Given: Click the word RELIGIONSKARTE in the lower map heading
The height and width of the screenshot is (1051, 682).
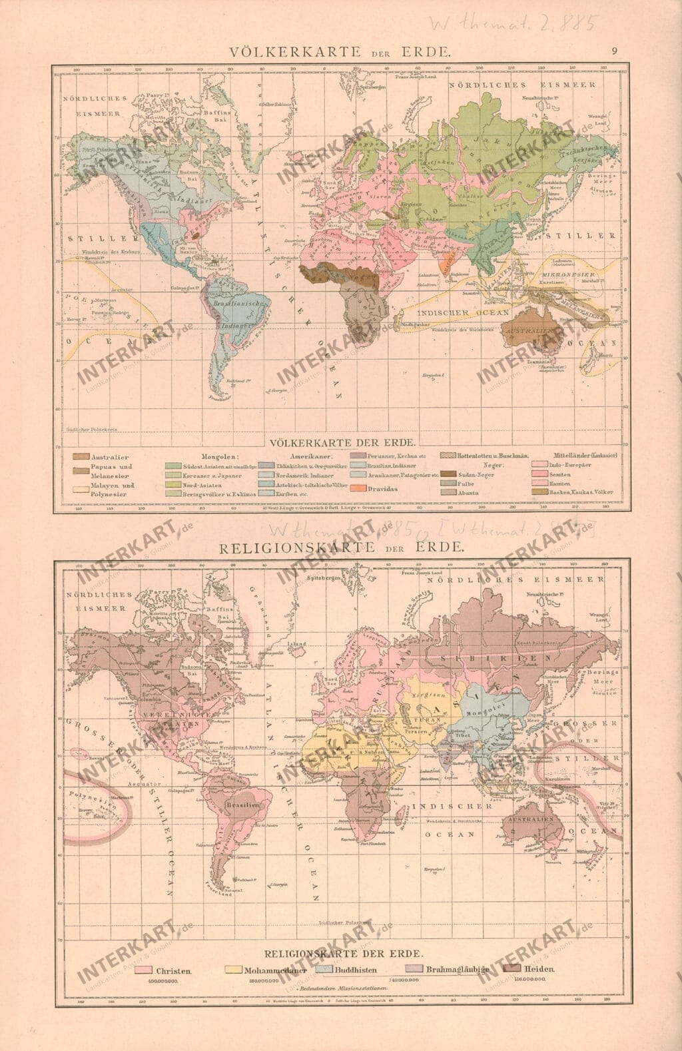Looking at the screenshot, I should (x=301, y=547).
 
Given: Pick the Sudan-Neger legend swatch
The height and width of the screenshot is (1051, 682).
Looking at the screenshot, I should (x=447, y=473).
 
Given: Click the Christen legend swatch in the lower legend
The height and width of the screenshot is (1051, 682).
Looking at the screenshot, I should (x=143, y=970).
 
